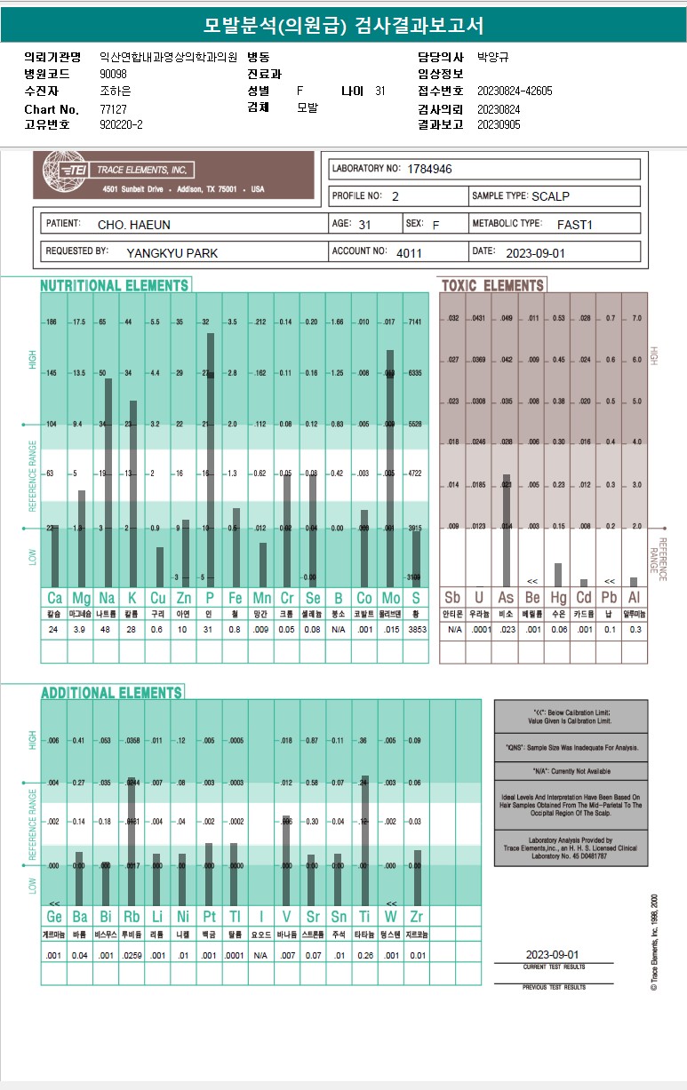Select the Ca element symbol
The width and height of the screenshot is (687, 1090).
(54, 599)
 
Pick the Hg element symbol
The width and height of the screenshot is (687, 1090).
(558, 599)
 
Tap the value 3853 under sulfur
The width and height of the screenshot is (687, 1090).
(416, 630)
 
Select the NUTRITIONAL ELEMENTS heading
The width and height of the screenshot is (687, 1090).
(115, 285)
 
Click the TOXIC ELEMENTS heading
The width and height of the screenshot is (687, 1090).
(492, 285)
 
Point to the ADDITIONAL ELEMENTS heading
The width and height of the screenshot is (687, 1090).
(111, 693)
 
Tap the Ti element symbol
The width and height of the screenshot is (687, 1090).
(364, 916)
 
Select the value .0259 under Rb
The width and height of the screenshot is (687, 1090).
(132, 955)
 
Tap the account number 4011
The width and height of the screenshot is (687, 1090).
(410, 252)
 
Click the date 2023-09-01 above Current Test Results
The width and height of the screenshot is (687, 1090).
(552, 953)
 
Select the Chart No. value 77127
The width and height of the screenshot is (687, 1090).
(114, 109)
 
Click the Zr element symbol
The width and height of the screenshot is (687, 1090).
(416, 916)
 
